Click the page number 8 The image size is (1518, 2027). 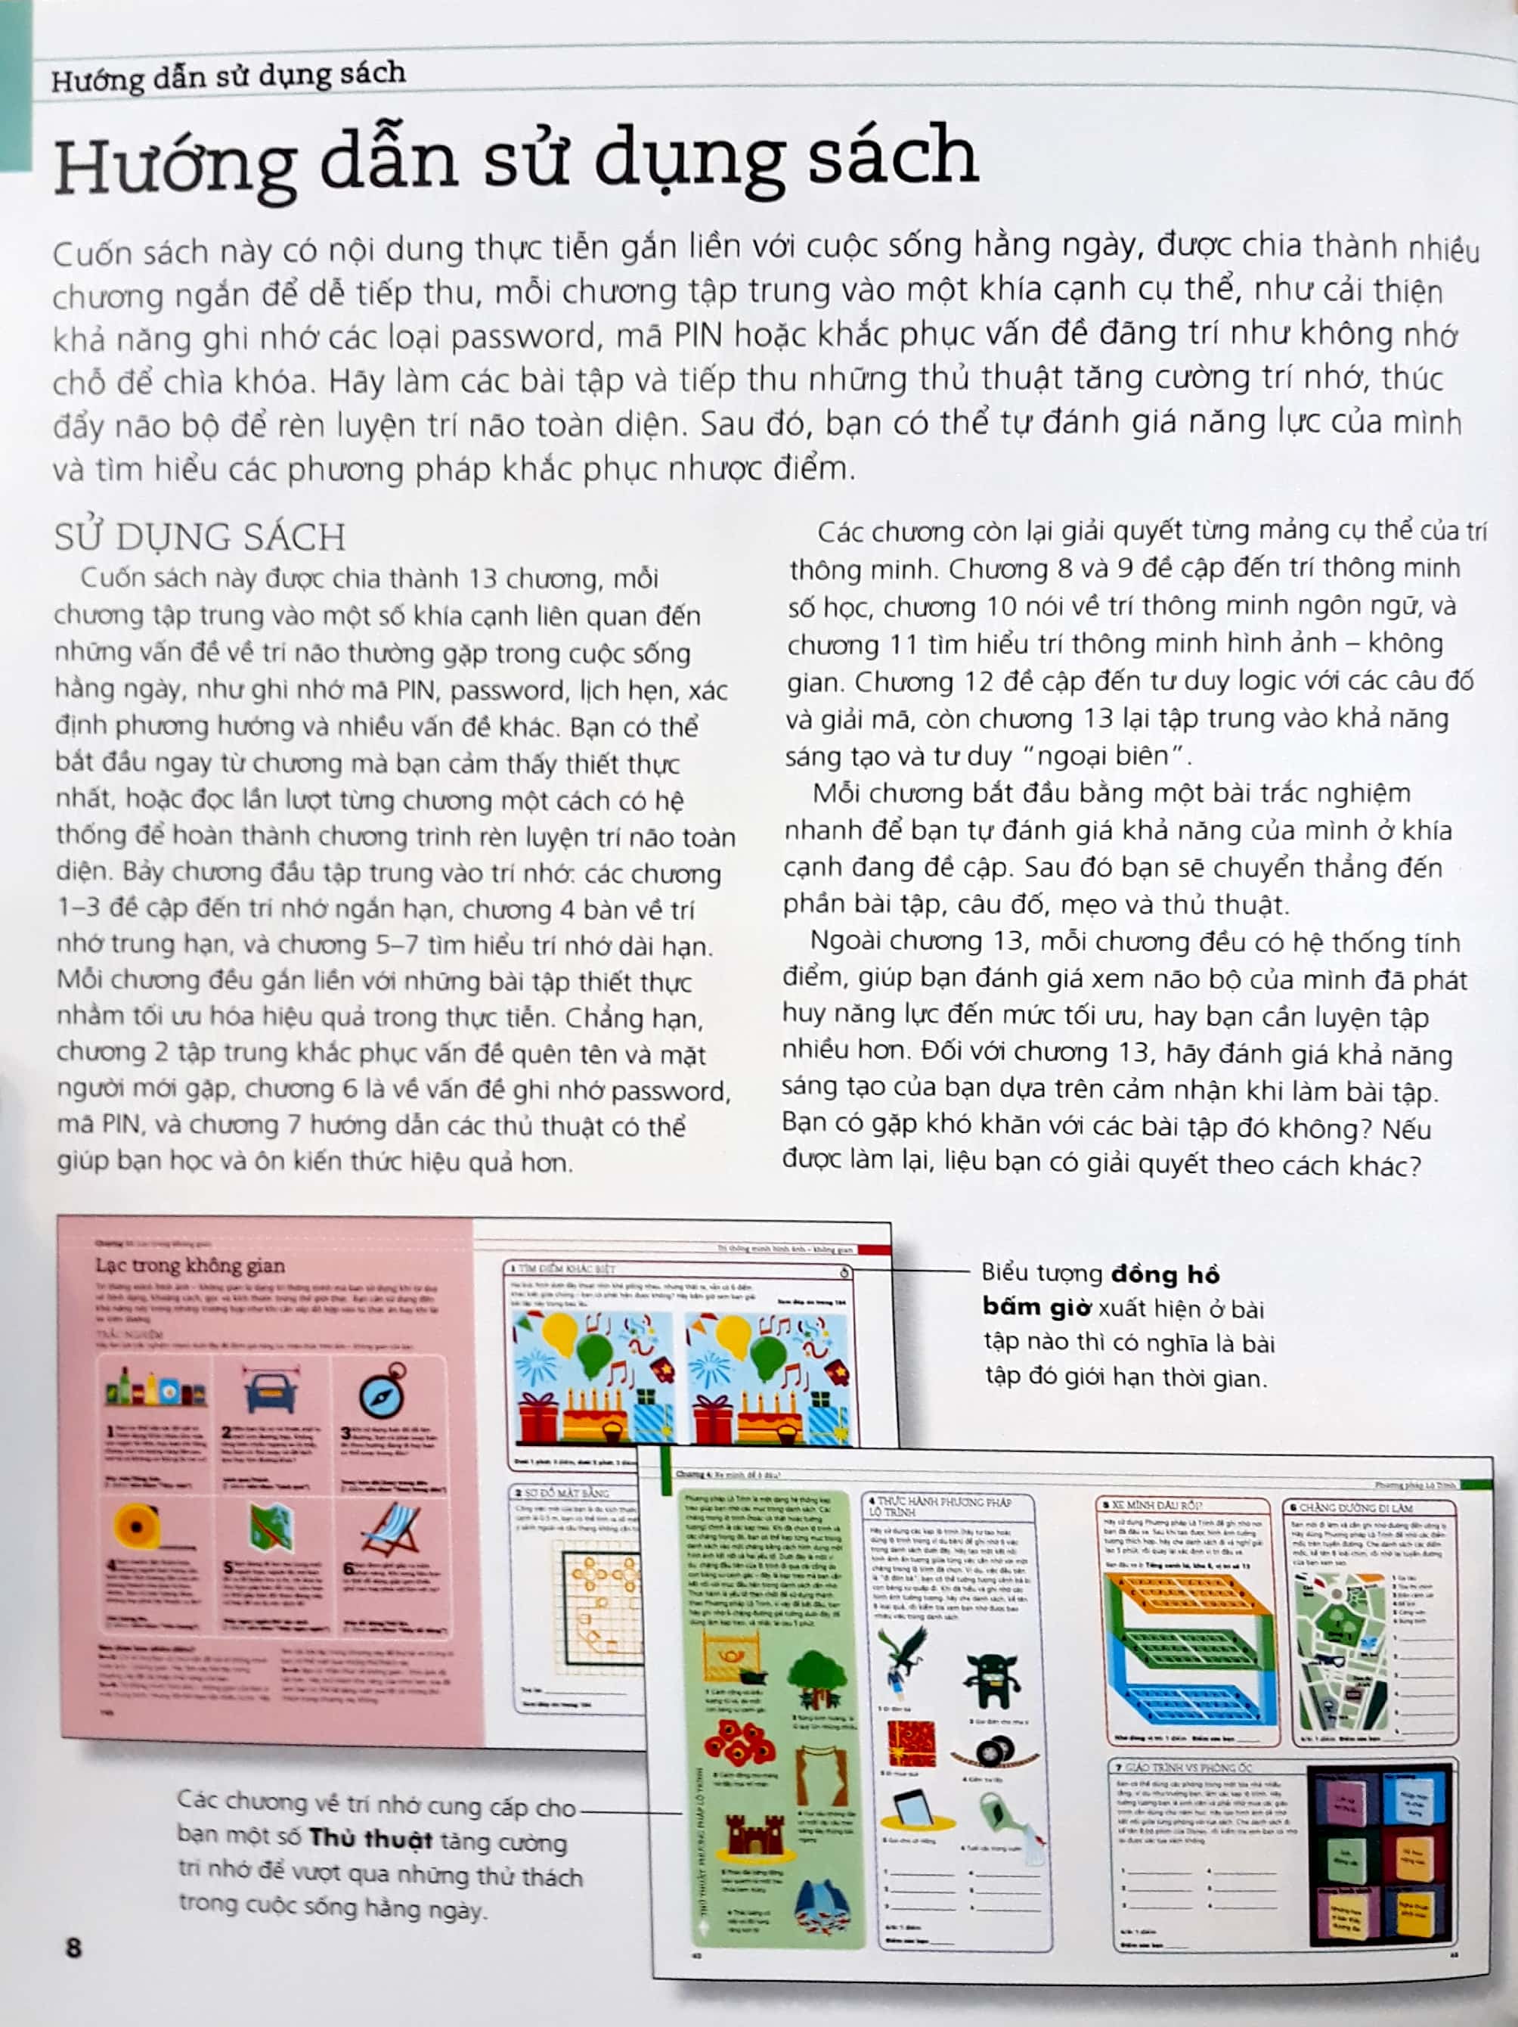pos(74,1948)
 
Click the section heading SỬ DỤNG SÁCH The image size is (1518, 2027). pos(200,537)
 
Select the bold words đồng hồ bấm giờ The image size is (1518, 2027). pos(1100,1290)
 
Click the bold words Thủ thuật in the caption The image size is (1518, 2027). pos(370,1839)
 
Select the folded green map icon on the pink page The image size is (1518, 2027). pos(272,1528)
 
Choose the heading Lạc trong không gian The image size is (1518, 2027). pos(191,1265)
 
